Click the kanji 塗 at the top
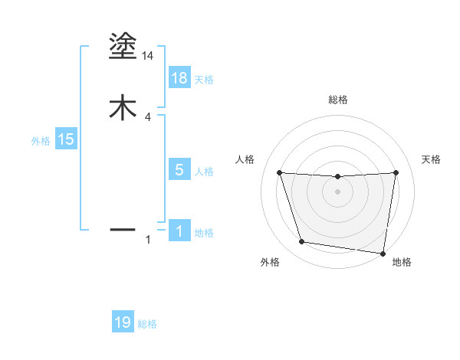[123, 47]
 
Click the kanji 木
[123, 107]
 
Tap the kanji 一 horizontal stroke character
[123, 229]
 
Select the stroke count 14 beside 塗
[148, 56]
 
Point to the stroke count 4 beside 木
[148, 116]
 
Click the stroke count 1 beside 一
[148, 241]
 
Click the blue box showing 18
[179, 78]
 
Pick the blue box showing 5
[179, 170]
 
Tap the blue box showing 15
[65, 139]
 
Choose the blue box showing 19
[123, 322]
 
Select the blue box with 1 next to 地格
[179, 231]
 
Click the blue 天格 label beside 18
[204, 80]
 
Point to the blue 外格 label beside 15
[40, 141]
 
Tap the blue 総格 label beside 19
[147, 324]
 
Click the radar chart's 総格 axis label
[337, 100]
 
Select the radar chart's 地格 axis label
[402, 262]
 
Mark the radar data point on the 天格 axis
[396, 172]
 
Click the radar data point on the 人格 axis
[279, 172]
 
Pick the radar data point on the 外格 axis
[302, 242]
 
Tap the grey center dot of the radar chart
[337, 191]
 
